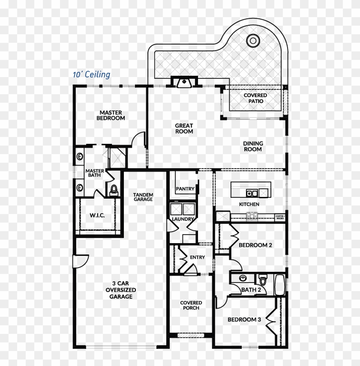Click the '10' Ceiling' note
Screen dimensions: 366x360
(x=91, y=75)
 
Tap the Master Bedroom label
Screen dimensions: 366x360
(x=111, y=115)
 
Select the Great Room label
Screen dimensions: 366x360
(x=184, y=128)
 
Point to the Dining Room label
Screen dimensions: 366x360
(x=253, y=146)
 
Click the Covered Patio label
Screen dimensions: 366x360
(x=255, y=98)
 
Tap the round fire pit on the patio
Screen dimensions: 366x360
(x=253, y=41)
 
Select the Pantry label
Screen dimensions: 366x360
(x=185, y=189)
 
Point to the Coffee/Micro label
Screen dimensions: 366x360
(x=280, y=217)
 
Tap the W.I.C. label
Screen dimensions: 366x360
(x=97, y=215)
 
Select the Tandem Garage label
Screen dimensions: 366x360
(x=143, y=197)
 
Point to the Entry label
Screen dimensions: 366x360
(x=197, y=257)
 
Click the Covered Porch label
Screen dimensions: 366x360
(x=191, y=305)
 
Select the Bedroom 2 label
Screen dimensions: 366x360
(x=255, y=245)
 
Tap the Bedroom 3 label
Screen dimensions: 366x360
(x=244, y=319)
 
